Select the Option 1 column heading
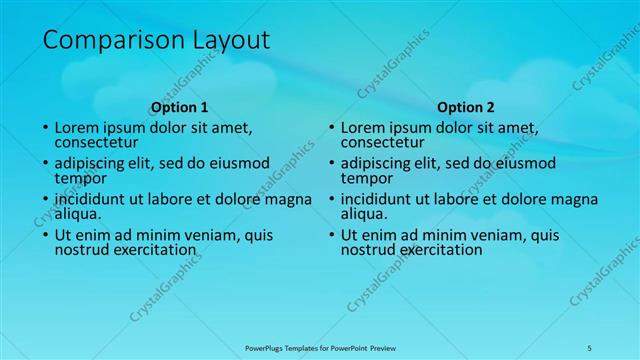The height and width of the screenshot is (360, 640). click(x=179, y=107)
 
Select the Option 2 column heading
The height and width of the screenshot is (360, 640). click(x=466, y=107)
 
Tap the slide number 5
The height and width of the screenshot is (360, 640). click(x=589, y=347)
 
